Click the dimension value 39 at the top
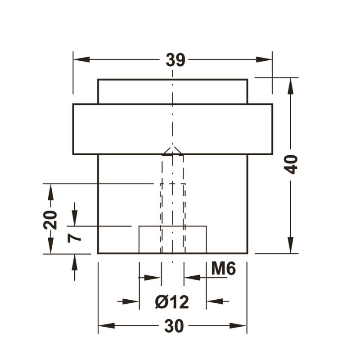[x=175, y=60]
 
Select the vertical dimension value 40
[x=291, y=164]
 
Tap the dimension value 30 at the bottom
[x=174, y=326]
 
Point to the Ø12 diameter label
[x=172, y=301]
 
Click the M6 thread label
[x=223, y=268]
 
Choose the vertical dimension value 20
[x=50, y=220]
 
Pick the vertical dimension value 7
[x=74, y=238]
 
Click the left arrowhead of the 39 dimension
[x=81, y=59]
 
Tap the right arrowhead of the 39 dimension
[x=264, y=59]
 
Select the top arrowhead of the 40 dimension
[x=291, y=86]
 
